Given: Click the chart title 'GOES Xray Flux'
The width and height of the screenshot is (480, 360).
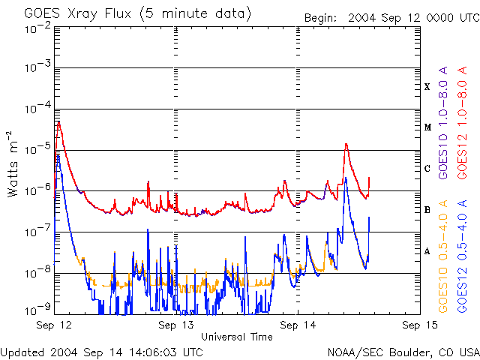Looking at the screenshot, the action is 78,13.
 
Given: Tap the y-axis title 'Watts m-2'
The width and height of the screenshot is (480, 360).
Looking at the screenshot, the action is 13,164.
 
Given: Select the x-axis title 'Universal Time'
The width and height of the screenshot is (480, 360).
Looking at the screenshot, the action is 237,337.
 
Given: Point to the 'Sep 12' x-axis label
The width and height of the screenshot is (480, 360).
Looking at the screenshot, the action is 54,325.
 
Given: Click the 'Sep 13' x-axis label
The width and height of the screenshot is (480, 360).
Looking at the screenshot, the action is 176,325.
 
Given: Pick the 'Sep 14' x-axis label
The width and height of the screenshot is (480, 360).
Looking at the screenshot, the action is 298,325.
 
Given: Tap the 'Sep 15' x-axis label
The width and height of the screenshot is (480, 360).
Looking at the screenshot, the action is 420,325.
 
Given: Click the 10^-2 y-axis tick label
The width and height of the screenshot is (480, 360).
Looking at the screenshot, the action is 38,28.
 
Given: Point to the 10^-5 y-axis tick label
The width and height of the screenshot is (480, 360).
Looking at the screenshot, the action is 38,149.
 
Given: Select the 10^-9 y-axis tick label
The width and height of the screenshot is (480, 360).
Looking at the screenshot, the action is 38,310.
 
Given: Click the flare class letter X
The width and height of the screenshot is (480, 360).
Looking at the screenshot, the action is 427,87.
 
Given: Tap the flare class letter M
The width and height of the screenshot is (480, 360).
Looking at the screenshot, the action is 427,127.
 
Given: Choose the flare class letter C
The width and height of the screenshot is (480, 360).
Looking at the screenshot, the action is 427,169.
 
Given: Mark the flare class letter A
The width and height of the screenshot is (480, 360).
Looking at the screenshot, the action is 427,251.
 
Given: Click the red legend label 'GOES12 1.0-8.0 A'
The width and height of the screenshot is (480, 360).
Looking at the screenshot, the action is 462,122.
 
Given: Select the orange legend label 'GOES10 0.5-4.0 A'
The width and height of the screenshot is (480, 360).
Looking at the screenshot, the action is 443,256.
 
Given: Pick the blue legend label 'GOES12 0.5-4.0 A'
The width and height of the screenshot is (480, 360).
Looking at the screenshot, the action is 462,256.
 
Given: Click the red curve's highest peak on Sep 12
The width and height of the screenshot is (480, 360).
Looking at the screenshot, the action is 58,122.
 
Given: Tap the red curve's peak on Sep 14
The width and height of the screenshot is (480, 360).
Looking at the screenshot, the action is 346,143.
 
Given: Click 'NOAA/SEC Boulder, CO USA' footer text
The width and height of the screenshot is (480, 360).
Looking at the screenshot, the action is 403,352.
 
